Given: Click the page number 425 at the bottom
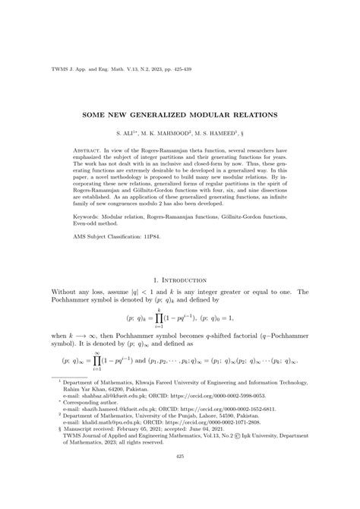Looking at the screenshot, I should coord(180,477).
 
